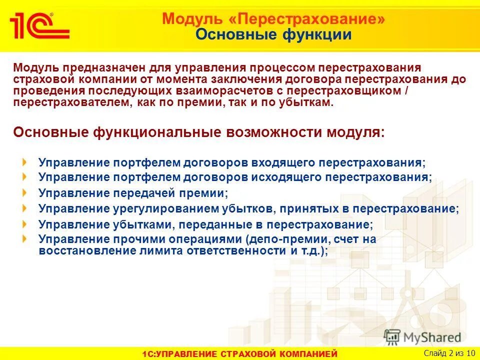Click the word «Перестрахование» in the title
[310, 19]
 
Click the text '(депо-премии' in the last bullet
[277, 239]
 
